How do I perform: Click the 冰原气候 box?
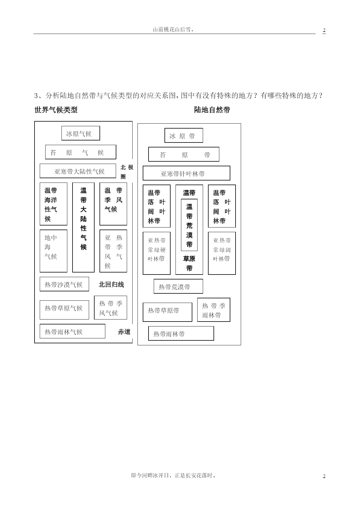[81, 133]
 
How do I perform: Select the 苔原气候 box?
[81, 152]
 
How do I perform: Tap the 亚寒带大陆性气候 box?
[78, 171]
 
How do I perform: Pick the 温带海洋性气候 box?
[53, 204]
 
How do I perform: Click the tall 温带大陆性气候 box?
[83, 228]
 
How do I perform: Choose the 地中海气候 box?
[53, 251]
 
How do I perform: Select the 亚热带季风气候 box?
[113, 251]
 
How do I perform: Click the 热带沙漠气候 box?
[64, 284]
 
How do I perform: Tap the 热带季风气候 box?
[111, 308]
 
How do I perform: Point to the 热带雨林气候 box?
[73, 331]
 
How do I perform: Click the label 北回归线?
[111, 284]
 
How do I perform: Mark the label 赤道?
[124, 332]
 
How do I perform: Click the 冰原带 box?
[184, 136]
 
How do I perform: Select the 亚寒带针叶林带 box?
[187, 173]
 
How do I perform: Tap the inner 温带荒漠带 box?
[189, 225]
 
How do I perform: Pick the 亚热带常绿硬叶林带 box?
[157, 253]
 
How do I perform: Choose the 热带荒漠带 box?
[178, 286]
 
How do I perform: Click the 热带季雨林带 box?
[214, 310]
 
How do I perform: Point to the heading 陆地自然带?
[212, 110]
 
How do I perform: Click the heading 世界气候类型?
[56, 110]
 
